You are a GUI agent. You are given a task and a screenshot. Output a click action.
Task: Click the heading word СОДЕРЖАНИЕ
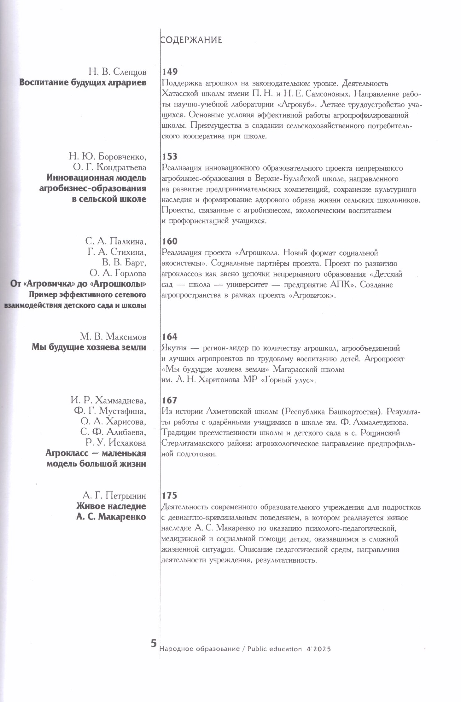pos(191,40)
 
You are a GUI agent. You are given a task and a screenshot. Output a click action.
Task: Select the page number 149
pos(170,72)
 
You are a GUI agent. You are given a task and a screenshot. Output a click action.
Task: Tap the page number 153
pos(170,156)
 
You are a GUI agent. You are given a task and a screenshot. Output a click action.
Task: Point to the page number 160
pos(170,241)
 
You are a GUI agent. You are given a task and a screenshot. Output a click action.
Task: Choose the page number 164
pos(170,337)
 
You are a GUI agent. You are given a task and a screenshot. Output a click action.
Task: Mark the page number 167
pos(170,400)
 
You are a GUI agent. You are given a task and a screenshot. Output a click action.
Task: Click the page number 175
pos(170,496)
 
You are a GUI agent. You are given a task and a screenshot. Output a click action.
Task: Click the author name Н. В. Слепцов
pos(117,72)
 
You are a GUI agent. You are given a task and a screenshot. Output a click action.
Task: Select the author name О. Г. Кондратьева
pos(109,167)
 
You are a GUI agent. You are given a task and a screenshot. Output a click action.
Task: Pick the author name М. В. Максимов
pos(113,337)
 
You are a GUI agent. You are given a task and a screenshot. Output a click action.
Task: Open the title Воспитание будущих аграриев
pos(83,83)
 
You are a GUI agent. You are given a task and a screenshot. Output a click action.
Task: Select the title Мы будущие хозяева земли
pos(89,347)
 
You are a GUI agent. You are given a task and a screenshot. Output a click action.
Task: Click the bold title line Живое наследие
pos(111,506)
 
